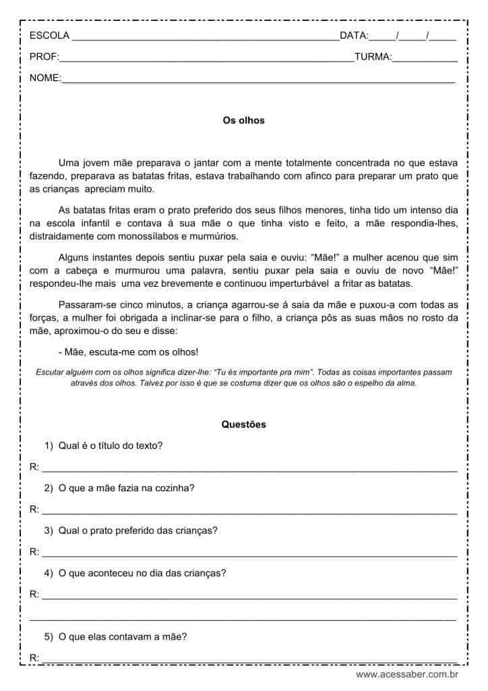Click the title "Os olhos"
click(243, 121)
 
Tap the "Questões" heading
click(243, 424)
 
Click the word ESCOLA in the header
click(49, 36)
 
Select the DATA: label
click(354, 36)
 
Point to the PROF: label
click(44, 57)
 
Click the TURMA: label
click(373, 57)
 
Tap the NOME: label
click(45, 78)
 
